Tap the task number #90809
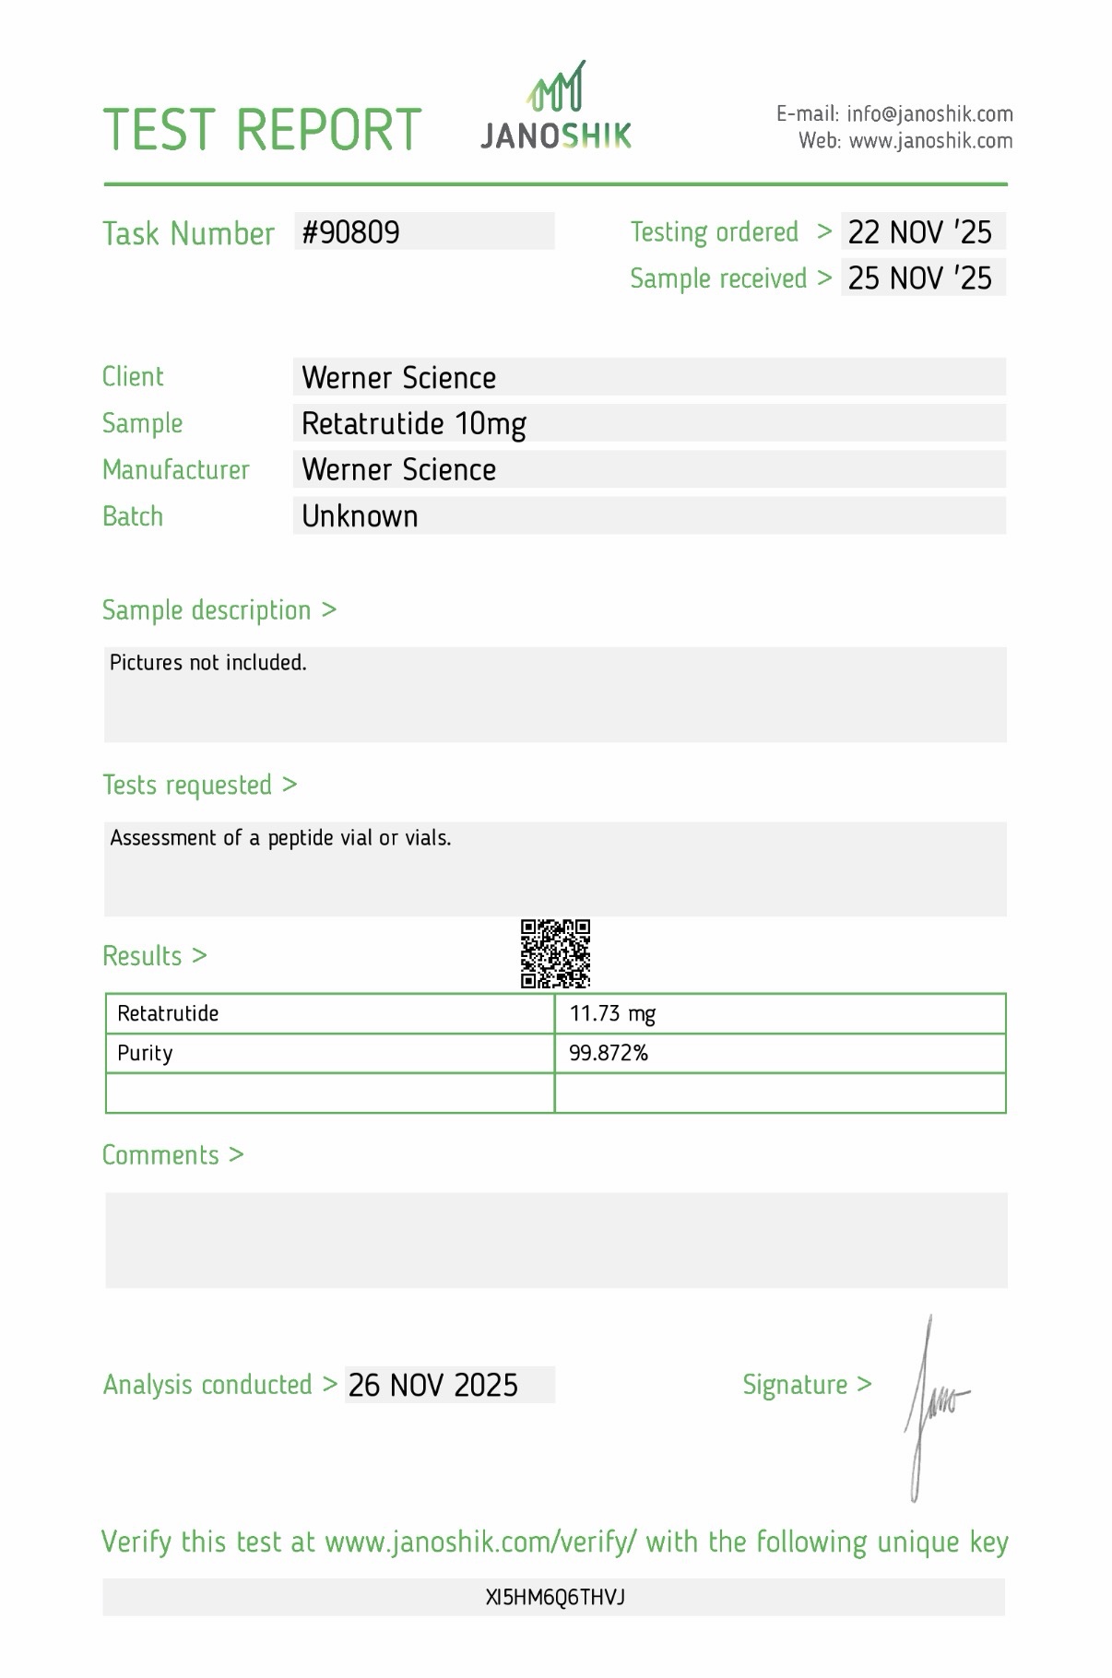point(351,232)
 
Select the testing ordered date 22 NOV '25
point(919,232)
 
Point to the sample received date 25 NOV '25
point(919,278)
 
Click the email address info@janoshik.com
point(929,114)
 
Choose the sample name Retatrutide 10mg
point(414,424)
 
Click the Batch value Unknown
point(360,516)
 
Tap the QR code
point(555,953)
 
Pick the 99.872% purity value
point(609,1053)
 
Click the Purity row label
point(145,1053)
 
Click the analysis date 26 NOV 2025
point(433,1385)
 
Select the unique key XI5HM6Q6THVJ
point(555,1598)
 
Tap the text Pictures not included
point(207,663)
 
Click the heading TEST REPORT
point(262,130)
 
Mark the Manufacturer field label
point(176,470)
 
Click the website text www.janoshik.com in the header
point(930,141)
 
